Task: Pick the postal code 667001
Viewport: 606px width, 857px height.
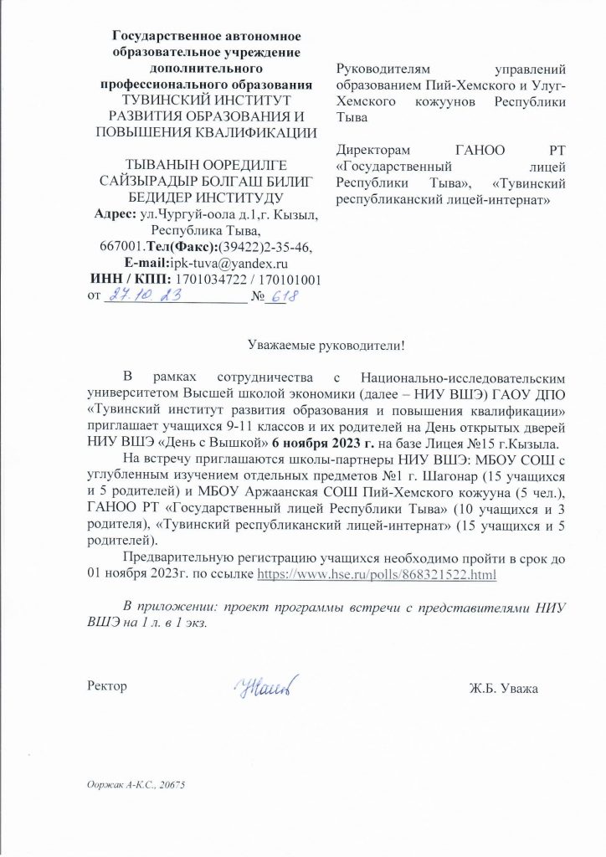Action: coord(120,247)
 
